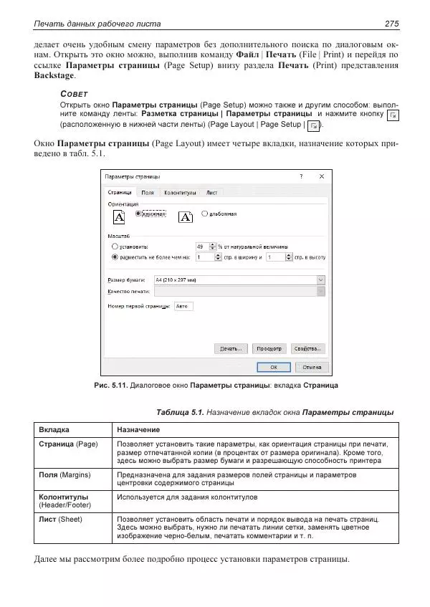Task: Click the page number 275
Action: click(391, 24)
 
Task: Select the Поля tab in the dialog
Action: click(148, 193)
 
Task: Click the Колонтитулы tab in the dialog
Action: click(180, 193)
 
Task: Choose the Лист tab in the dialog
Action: click(212, 193)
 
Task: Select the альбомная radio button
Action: click(206, 213)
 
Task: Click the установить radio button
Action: click(115, 245)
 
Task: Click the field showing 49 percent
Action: click(204, 245)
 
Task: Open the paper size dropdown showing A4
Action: click(320, 280)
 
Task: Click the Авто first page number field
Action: click(183, 306)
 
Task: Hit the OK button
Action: click(273, 367)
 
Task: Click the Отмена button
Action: click(311, 367)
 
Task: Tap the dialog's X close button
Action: click(321, 176)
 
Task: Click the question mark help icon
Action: click(300, 176)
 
